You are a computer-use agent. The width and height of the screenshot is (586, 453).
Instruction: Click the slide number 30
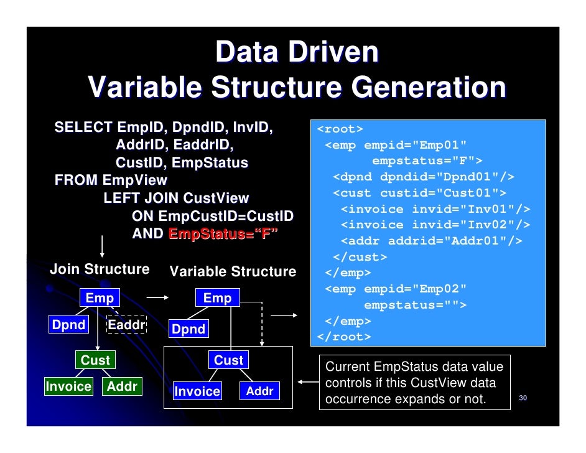tap(523, 398)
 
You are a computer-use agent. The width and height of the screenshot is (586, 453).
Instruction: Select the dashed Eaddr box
tap(126, 325)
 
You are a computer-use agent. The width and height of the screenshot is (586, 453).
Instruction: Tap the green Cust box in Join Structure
tap(95, 360)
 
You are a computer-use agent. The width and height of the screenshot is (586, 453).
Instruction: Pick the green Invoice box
tap(68, 386)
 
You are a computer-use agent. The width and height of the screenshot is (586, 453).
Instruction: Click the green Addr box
tap(122, 386)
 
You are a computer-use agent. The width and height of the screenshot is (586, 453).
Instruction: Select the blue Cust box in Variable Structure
tap(228, 360)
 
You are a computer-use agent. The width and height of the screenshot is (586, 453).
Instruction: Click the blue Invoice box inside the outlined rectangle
tap(197, 391)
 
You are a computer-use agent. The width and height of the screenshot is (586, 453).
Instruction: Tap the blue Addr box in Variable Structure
tap(259, 391)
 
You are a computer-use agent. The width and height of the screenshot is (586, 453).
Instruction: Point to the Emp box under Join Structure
tap(100, 298)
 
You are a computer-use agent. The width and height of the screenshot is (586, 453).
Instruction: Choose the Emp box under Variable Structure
tap(217, 298)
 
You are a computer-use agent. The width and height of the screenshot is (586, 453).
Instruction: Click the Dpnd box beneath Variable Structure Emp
tap(188, 329)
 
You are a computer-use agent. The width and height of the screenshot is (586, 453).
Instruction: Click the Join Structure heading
tap(100, 269)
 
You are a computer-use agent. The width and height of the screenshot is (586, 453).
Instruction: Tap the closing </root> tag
tap(344, 337)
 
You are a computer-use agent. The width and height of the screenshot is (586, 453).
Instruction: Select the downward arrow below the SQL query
tap(101, 246)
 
